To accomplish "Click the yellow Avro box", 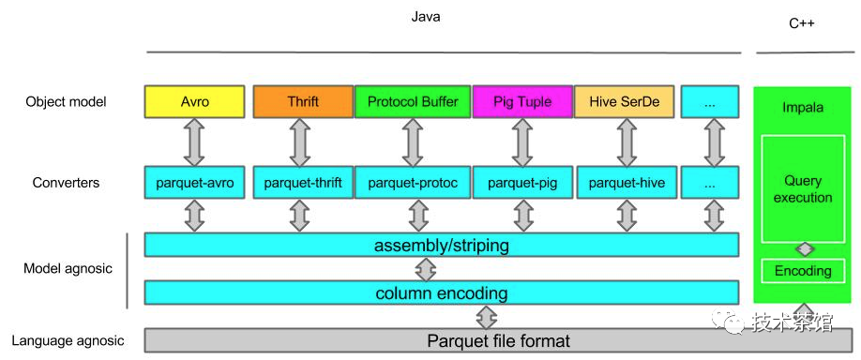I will (x=194, y=101).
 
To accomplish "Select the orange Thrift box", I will (x=302, y=101).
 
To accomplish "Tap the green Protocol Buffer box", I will (x=412, y=101).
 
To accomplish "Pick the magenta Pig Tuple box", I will (x=521, y=101).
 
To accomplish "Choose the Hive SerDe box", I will (x=624, y=101).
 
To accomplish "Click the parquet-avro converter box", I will (x=194, y=183).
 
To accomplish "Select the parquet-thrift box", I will (x=302, y=183).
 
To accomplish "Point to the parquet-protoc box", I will (x=412, y=183).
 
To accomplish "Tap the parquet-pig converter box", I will (x=521, y=183).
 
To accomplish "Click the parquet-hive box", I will (x=626, y=183).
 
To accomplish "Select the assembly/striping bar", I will (x=441, y=246).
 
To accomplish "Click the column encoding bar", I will (x=441, y=293).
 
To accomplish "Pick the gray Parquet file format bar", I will (x=497, y=340).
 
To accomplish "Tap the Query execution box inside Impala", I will (x=802, y=188).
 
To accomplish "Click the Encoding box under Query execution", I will (x=802, y=271).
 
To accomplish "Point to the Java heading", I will (x=425, y=16).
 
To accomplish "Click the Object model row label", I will (x=66, y=101).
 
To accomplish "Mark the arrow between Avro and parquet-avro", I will (x=194, y=142).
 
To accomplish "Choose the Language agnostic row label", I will (x=67, y=340).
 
